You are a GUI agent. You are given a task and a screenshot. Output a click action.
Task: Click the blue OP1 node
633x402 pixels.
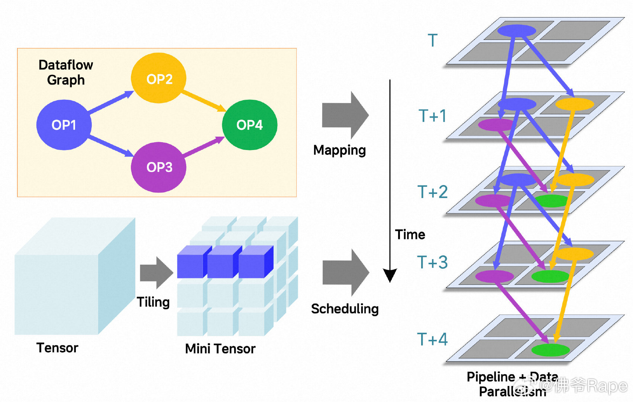(x=64, y=125)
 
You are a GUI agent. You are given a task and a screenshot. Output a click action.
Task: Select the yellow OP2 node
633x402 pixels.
(x=159, y=78)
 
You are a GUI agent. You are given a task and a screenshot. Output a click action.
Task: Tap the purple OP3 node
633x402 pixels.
(x=159, y=167)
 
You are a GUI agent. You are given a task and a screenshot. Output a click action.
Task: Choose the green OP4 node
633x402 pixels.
(x=249, y=125)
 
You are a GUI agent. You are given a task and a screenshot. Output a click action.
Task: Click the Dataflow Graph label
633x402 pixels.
(x=66, y=73)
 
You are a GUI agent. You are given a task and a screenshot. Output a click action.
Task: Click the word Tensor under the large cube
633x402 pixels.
(x=57, y=348)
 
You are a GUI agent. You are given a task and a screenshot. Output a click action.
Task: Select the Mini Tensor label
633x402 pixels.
(x=220, y=349)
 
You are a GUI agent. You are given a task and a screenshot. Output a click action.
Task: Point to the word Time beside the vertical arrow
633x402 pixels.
(x=410, y=234)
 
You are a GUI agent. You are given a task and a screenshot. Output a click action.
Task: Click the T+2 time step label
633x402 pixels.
(x=433, y=192)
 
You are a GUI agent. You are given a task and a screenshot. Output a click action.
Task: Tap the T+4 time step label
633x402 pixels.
(x=432, y=339)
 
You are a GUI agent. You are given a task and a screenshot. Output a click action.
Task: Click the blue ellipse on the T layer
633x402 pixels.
(x=517, y=31)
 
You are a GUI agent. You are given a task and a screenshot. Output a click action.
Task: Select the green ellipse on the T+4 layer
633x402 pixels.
(x=550, y=350)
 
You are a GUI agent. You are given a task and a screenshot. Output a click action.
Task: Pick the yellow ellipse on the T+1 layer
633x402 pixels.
(x=575, y=104)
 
